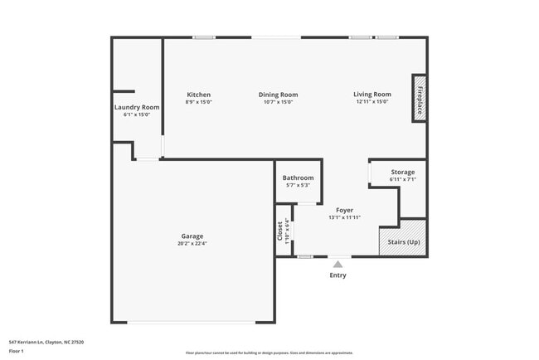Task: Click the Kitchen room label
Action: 199,95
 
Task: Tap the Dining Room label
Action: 278,95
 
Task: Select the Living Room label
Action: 372,95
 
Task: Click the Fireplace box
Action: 420,99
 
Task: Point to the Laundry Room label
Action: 137,107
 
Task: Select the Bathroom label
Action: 298,178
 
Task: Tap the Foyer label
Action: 344,210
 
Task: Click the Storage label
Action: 403,172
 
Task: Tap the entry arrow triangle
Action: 337,265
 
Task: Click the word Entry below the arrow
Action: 338,275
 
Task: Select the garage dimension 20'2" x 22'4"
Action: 192,244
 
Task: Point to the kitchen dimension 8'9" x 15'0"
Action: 199,102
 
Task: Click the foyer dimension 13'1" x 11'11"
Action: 344,217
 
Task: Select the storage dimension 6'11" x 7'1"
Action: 403,179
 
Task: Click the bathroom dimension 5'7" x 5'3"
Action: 298,185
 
